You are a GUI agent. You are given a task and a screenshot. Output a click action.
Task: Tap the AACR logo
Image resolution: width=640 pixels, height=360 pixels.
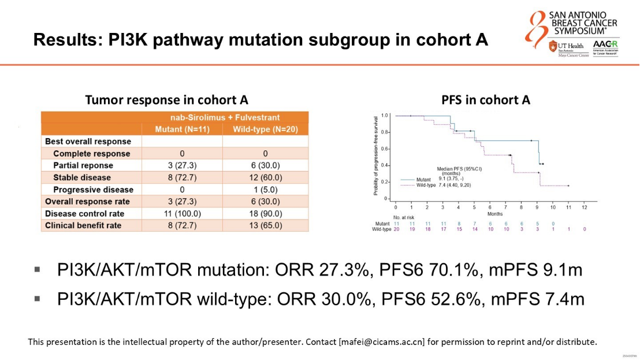click(x=605, y=48)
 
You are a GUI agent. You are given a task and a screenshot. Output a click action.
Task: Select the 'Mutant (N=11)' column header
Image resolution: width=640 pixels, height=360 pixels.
click(x=182, y=129)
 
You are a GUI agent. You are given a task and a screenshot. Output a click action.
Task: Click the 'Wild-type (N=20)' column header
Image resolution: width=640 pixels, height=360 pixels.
click(x=265, y=129)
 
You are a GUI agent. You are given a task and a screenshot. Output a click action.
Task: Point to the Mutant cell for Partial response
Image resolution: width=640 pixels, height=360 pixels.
click(x=182, y=165)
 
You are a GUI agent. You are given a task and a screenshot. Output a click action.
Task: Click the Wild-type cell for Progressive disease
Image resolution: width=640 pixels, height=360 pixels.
click(x=265, y=190)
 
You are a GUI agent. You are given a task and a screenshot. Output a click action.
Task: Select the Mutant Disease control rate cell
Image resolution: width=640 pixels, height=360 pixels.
click(x=182, y=214)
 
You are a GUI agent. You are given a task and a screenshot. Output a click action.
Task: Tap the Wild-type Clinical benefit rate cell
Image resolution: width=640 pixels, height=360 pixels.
click(x=265, y=226)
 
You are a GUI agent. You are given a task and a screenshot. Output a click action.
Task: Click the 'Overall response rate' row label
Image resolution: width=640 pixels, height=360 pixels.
click(x=87, y=202)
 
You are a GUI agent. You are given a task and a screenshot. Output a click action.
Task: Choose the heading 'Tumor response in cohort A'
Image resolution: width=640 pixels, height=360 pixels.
click(x=167, y=100)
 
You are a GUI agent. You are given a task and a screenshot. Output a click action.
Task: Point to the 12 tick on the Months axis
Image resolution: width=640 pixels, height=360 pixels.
click(x=585, y=207)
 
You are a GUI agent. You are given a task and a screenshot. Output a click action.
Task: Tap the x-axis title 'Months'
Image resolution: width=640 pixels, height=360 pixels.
click(x=495, y=214)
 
